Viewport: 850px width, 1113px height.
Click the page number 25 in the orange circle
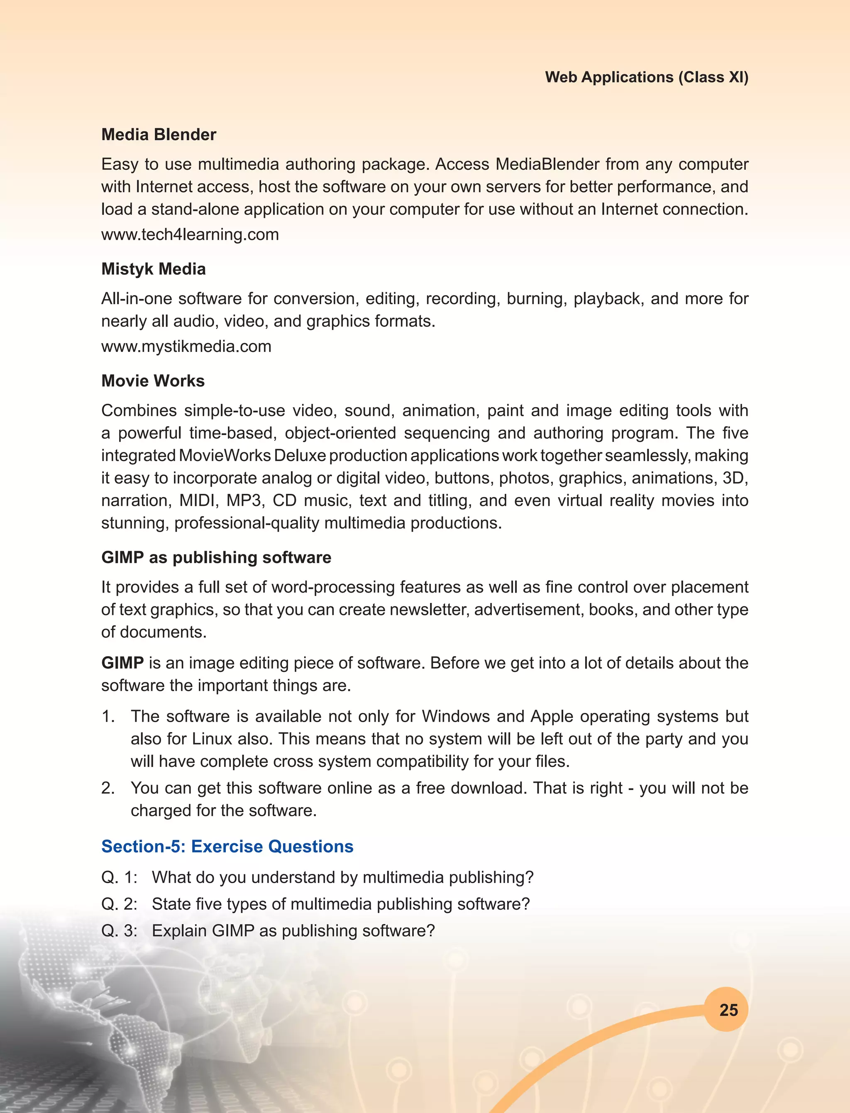(728, 1010)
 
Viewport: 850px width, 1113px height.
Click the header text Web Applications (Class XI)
(646, 78)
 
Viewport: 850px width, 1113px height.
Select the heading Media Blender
(159, 134)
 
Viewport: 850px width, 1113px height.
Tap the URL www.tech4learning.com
(190, 235)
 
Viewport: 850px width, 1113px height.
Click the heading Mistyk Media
(153, 269)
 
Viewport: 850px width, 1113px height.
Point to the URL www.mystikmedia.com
(186, 347)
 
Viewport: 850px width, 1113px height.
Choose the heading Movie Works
(153, 381)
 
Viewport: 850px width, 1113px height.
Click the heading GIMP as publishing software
(216, 557)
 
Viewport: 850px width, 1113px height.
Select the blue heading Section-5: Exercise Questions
(227, 847)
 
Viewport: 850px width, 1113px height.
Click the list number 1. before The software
(108, 716)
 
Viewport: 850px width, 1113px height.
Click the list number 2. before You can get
(108, 788)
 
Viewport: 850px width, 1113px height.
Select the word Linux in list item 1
(212, 739)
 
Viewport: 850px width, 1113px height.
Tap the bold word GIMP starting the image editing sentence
(122, 663)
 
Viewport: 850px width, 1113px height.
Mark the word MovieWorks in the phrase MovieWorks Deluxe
(225, 456)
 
